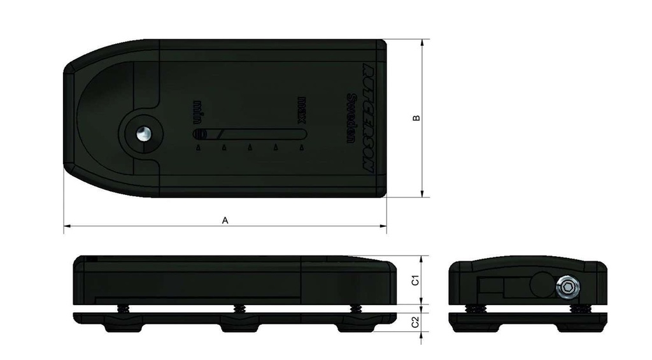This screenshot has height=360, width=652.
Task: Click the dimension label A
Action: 224,220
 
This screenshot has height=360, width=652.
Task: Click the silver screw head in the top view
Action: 143,134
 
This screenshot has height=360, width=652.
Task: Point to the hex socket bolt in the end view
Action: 566,288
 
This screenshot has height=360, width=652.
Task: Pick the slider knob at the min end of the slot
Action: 201,134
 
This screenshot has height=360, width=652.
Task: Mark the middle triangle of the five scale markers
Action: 250,148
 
